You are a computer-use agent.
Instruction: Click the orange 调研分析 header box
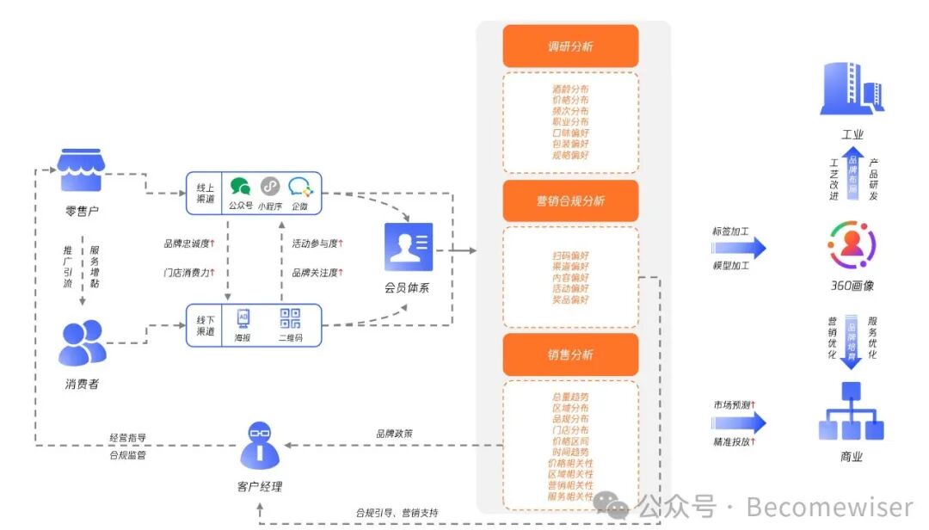570,46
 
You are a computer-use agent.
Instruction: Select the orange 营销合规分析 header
570,201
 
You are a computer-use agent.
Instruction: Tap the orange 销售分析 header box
570,354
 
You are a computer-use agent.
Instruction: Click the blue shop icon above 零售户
80,170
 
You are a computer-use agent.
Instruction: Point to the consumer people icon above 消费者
83,342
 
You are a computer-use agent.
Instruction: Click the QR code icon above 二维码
290,319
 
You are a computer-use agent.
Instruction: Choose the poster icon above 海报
243,319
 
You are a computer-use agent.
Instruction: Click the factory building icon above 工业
852,88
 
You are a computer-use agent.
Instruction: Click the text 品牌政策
394,434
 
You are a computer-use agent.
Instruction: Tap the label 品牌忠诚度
187,243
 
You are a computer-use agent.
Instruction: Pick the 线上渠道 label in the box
206,194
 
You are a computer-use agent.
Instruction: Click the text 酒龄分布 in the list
570,89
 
